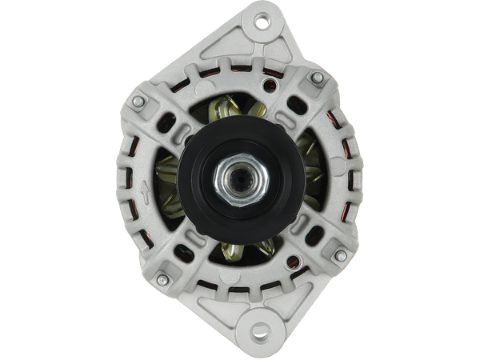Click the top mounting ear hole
pyautogui.click(x=261, y=22)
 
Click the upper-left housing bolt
pyautogui.click(x=139, y=102)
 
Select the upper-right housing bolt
pyautogui.click(x=317, y=78)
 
